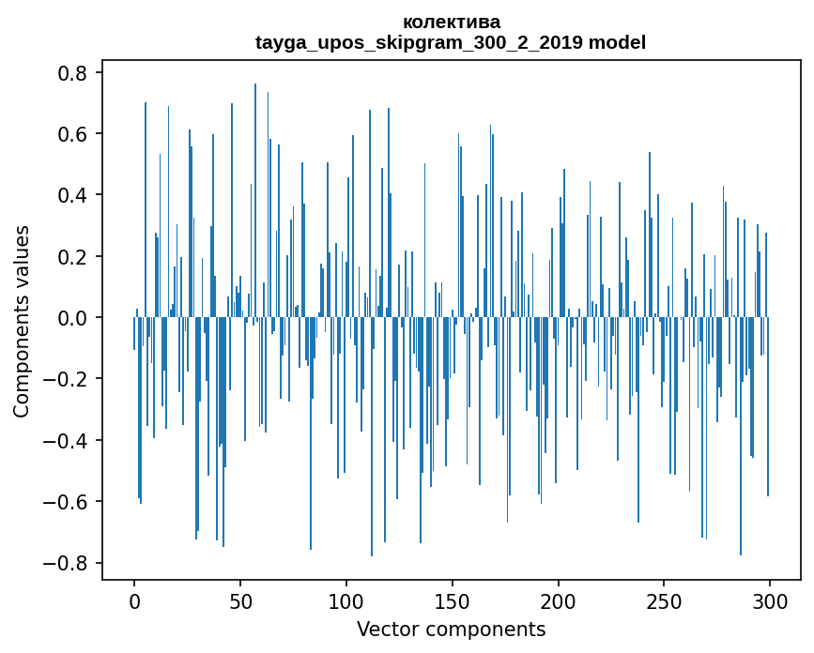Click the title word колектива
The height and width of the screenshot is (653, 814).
pos(451,22)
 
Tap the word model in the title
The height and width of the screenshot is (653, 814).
pos(616,42)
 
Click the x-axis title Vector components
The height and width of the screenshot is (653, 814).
pos(451,629)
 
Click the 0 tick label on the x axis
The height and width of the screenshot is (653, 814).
pos(134,600)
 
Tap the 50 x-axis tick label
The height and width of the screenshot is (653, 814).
pos(240,600)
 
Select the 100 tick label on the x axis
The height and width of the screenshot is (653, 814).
pos(346,600)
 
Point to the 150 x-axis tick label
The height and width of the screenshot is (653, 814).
pos(453,600)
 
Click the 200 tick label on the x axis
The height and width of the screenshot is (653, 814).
pos(558,600)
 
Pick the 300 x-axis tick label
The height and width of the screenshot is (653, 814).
pos(770,600)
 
